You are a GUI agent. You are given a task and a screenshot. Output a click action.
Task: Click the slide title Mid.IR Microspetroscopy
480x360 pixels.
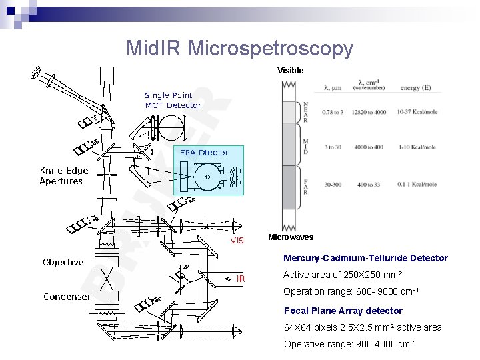(x=239, y=48)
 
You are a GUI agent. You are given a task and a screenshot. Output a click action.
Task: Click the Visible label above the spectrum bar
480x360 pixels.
(x=291, y=71)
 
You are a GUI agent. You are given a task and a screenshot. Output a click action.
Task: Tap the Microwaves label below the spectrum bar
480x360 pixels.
(x=291, y=237)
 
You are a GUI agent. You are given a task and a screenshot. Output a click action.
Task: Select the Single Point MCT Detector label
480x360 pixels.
(x=173, y=101)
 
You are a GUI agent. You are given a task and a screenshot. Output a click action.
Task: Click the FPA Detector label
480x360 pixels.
(x=205, y=153)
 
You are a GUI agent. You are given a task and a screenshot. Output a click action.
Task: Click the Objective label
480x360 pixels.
(x=63, y=262)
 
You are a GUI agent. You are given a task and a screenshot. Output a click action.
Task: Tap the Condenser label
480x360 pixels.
(x=67, y=297)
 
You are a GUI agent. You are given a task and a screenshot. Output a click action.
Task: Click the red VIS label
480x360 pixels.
(x=237, y=241)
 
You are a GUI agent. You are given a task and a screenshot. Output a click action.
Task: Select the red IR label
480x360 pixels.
(x=241, y=279)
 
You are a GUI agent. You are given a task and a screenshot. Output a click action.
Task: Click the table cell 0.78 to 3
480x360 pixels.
(x=333, y=112)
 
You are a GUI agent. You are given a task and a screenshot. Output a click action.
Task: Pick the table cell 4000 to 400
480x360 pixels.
(x=369, y=147)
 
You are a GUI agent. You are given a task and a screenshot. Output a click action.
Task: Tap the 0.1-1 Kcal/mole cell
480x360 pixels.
(x=417, y=184)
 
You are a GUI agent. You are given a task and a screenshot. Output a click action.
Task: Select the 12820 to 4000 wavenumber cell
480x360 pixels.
(x=369, y=112)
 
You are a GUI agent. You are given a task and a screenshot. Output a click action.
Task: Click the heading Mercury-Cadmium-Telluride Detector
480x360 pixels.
(x=365, y=258)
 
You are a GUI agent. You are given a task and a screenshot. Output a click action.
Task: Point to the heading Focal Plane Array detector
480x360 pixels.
(x=343, y=311)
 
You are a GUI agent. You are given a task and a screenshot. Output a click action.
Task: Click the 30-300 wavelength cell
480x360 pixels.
(x=333, y=184)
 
